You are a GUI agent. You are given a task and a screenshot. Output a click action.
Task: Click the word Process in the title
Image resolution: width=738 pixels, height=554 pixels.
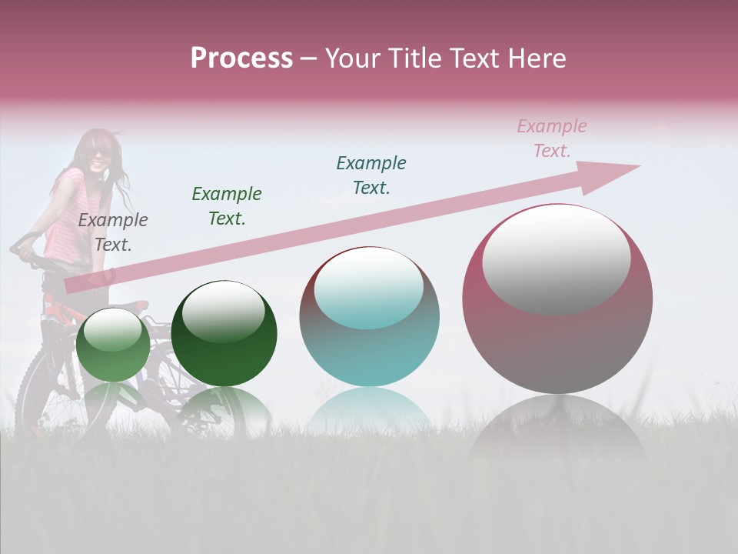click(x=241, y=58)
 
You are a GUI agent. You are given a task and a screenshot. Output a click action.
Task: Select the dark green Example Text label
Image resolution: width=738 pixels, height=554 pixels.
click(x=227, y=206)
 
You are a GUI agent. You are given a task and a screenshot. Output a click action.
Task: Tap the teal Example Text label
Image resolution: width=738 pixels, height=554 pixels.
click(x=371, y=175)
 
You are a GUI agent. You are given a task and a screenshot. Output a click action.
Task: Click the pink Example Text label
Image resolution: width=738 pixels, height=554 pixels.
click(x=552, y=138)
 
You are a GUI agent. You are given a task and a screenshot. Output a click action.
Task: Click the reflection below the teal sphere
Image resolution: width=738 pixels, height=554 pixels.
click(x=370, y=412)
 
